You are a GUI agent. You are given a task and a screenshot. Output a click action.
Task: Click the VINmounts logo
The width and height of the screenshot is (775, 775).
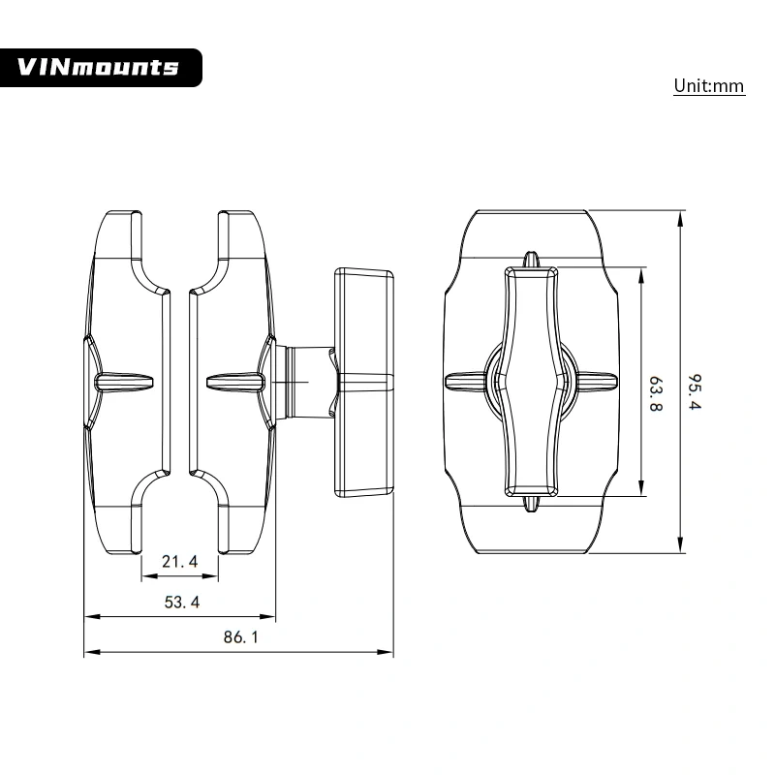pyautogui.click(x=101, y=67)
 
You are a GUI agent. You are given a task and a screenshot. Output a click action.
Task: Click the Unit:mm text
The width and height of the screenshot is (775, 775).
pyautogui.click(x=709, y=86)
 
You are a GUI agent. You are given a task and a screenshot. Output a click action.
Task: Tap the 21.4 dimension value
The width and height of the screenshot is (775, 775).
pyautogui.click(x=180, y=561)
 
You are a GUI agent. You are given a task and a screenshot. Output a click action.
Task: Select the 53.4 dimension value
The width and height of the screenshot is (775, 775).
pyautogui.click(x=181, y=602)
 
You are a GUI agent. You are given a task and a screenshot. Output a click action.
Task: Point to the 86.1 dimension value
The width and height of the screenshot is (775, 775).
pyautogui.click(x=240, y=636)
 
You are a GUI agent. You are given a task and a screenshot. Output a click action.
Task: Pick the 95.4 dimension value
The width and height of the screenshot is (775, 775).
pyautogui.click(x=693, y=391)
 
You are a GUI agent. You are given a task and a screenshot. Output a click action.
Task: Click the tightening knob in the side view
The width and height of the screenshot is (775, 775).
pyautogui.click(x=364, y=383)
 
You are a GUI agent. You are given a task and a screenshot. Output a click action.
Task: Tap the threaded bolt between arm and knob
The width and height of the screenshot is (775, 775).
pyautogui.click(x=302, y=382)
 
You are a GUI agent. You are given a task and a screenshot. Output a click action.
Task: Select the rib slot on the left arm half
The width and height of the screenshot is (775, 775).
pyautogui.click(x=123, y=382)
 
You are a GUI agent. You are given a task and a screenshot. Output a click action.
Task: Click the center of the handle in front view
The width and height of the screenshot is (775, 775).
pyautogui.click(x=530, y=382)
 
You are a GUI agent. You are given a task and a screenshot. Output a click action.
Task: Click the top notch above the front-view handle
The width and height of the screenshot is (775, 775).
pyautogui.click(x=530, y=260)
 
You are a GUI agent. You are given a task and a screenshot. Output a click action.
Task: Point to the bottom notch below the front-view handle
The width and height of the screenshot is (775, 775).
pyautogui.click(x=530, y=503)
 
